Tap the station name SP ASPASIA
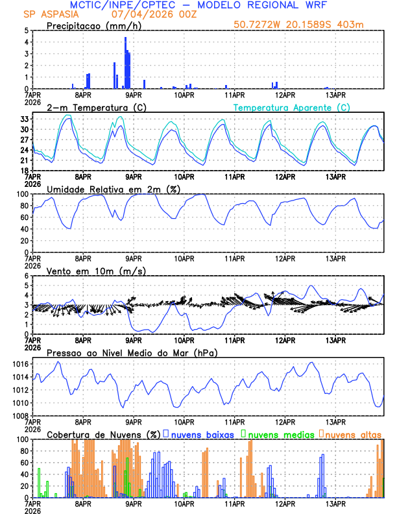pos(49,14)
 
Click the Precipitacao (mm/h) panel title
pos(94,25)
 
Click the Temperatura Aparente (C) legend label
pos(292,107)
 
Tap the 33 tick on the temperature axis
pos(25,119)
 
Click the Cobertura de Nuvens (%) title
pos(102,434)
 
